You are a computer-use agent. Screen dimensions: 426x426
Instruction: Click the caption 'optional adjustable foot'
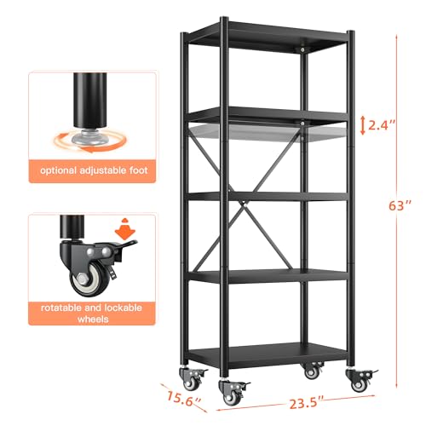point(91,170)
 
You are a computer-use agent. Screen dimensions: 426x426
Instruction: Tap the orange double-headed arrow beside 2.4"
point(362,125)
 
